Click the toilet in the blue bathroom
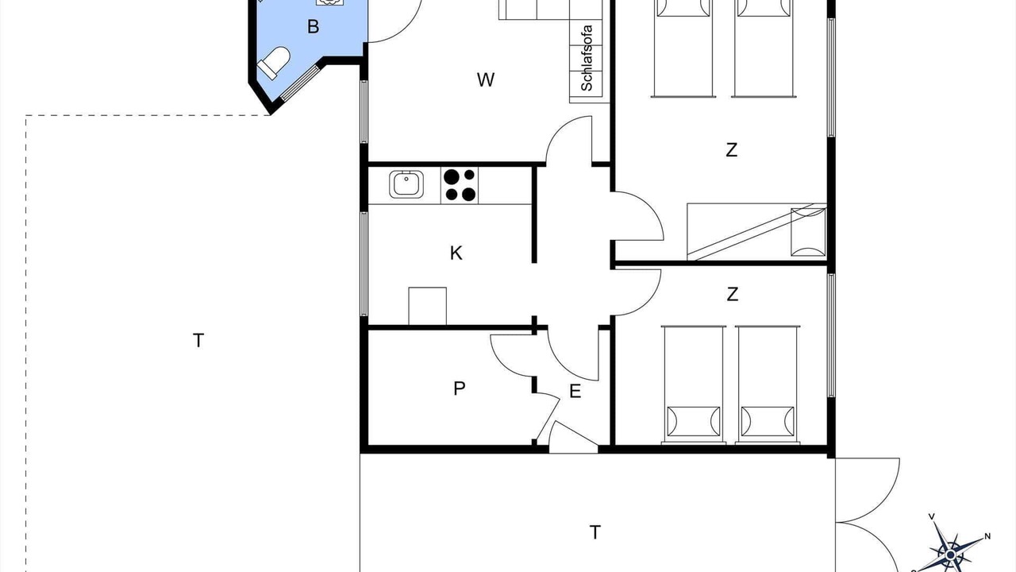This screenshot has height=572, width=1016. [274, 63]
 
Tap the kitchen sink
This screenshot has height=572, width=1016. [406, 184]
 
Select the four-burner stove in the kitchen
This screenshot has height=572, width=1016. [460, 185]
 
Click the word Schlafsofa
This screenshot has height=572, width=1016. [587, 58]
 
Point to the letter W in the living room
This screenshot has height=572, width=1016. [485, 80]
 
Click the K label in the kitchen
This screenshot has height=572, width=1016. [456, 253]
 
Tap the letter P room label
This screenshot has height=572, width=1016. [459, 388]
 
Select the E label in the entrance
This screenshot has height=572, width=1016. [575, 391]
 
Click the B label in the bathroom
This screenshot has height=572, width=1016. [313, 27]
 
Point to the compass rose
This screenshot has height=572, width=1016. [950, 555]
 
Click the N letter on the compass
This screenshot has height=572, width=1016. [987, 536]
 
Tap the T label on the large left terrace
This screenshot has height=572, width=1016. [198, 340]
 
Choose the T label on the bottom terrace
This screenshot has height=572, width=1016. [595, 532]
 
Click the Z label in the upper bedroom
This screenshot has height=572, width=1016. [732, 150]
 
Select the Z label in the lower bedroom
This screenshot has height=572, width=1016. [732, 294]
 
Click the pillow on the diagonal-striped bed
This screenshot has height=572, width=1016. [808, 231]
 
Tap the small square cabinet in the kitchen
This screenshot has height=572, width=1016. [427, 306]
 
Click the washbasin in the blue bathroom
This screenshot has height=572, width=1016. [329, 2]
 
